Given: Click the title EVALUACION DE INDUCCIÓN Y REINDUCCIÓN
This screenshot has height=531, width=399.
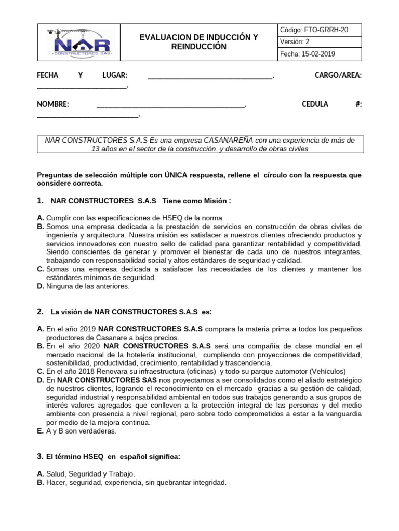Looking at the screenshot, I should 199,42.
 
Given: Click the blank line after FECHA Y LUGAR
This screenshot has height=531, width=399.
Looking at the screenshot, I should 210,77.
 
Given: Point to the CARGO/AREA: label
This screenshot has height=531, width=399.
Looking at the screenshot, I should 338,76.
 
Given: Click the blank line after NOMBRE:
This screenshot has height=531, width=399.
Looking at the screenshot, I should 171,105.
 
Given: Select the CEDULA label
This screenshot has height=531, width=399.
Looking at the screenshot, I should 315,104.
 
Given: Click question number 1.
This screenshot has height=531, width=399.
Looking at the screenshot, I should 40,201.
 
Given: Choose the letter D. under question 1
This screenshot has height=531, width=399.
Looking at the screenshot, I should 41,286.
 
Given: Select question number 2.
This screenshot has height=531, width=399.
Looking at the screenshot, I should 40,312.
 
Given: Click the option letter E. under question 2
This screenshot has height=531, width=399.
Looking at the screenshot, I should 41,431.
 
